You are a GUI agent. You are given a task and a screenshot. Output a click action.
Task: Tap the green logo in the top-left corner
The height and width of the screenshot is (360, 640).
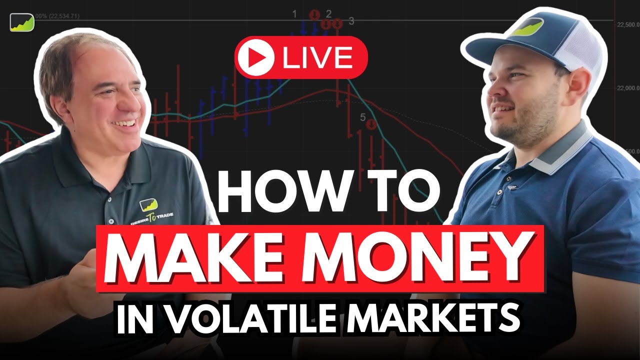[x=21, y=22]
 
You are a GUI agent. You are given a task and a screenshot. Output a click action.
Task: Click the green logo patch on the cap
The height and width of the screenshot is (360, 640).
[x=525, y=27]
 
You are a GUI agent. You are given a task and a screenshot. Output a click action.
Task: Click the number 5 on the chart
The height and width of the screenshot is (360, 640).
[x=363, y=117]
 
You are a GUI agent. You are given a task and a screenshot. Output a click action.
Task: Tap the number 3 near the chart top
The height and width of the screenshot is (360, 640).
[x=351, y=21]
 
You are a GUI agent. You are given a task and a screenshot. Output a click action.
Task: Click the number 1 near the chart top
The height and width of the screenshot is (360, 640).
[x=295, y=13]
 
